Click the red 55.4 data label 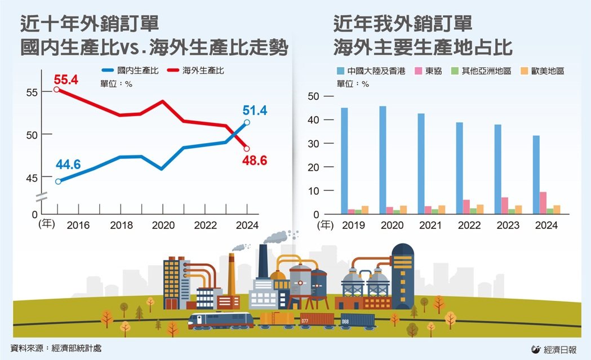(66, 79)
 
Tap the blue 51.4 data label (255, 110)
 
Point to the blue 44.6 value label (68, 165)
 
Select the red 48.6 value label (255, 161)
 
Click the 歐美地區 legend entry (540, 72)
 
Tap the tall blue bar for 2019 (344, 161)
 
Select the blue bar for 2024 (536, 175)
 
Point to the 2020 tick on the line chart (162, 225)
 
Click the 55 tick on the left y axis (32, 92)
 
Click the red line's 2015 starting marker (56, 89)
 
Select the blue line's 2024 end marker (247, 122)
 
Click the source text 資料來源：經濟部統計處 (56, 348)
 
